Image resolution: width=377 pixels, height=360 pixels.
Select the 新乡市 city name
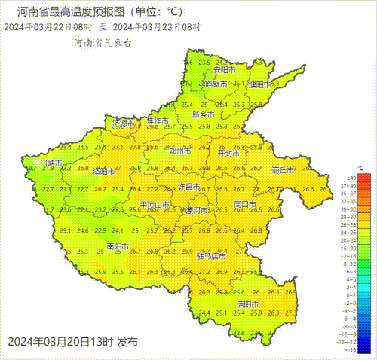click(204, 115)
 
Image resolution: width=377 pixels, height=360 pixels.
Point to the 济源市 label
click(124, 122)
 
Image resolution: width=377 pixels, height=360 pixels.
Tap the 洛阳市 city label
click(104, 171)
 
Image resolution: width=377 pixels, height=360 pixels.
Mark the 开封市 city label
click(228, 153)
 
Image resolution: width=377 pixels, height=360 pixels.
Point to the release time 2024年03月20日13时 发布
click(73, 341)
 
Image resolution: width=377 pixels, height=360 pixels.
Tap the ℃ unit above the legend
click(361, 167)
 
